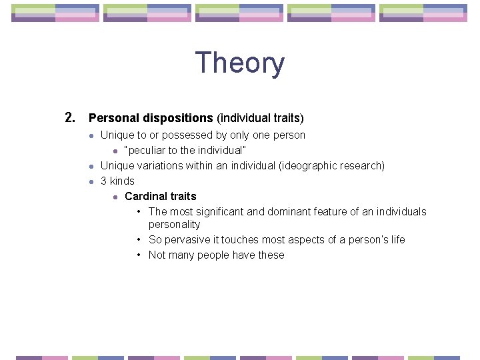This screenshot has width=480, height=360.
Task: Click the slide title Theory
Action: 239,63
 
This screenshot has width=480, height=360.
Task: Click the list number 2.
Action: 70,118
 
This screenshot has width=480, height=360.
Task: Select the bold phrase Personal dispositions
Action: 151,118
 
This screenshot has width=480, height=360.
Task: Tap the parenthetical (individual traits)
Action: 260,118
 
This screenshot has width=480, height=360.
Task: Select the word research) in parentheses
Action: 362,166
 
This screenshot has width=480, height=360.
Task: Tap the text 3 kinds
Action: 117,181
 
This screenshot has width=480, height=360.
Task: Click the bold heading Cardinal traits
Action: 161,197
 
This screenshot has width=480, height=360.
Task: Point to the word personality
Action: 174,225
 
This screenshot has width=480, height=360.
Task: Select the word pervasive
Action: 186,240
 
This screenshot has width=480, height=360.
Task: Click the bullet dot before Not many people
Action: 138,255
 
